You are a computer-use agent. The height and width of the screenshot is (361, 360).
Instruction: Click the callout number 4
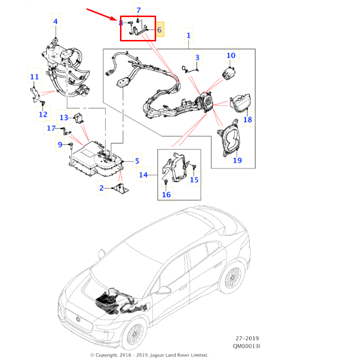click(x=55, y=21)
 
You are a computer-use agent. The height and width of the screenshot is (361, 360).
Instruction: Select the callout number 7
click(x=139, y=10)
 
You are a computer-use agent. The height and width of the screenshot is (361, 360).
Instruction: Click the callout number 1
click(x=189, y=35)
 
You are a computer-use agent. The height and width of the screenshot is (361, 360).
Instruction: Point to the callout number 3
click(x=197, y=58)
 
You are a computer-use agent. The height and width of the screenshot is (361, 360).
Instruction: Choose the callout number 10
click(x=231, y=56)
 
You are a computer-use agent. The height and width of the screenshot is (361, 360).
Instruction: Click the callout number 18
click(x=248, y=119)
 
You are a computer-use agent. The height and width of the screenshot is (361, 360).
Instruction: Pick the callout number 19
click(x=237, y=160)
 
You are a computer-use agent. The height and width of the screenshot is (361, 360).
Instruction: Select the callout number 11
click(x=34, y=77)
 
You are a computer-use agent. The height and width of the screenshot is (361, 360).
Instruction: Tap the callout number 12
click(x=43, y=114)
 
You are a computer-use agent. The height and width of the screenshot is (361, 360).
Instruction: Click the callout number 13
click(x=64, y=118)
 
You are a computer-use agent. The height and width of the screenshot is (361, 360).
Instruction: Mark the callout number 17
click(x=51, y=129)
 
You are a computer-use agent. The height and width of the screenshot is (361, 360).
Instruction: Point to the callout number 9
click(x=60, y=145)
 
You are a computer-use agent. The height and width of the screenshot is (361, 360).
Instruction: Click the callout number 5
click(x=137, y=161)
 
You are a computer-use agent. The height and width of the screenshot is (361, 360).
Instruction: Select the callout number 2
click(x=101, y=188)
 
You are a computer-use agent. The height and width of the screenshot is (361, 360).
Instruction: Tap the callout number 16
click(x=166, y=195)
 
